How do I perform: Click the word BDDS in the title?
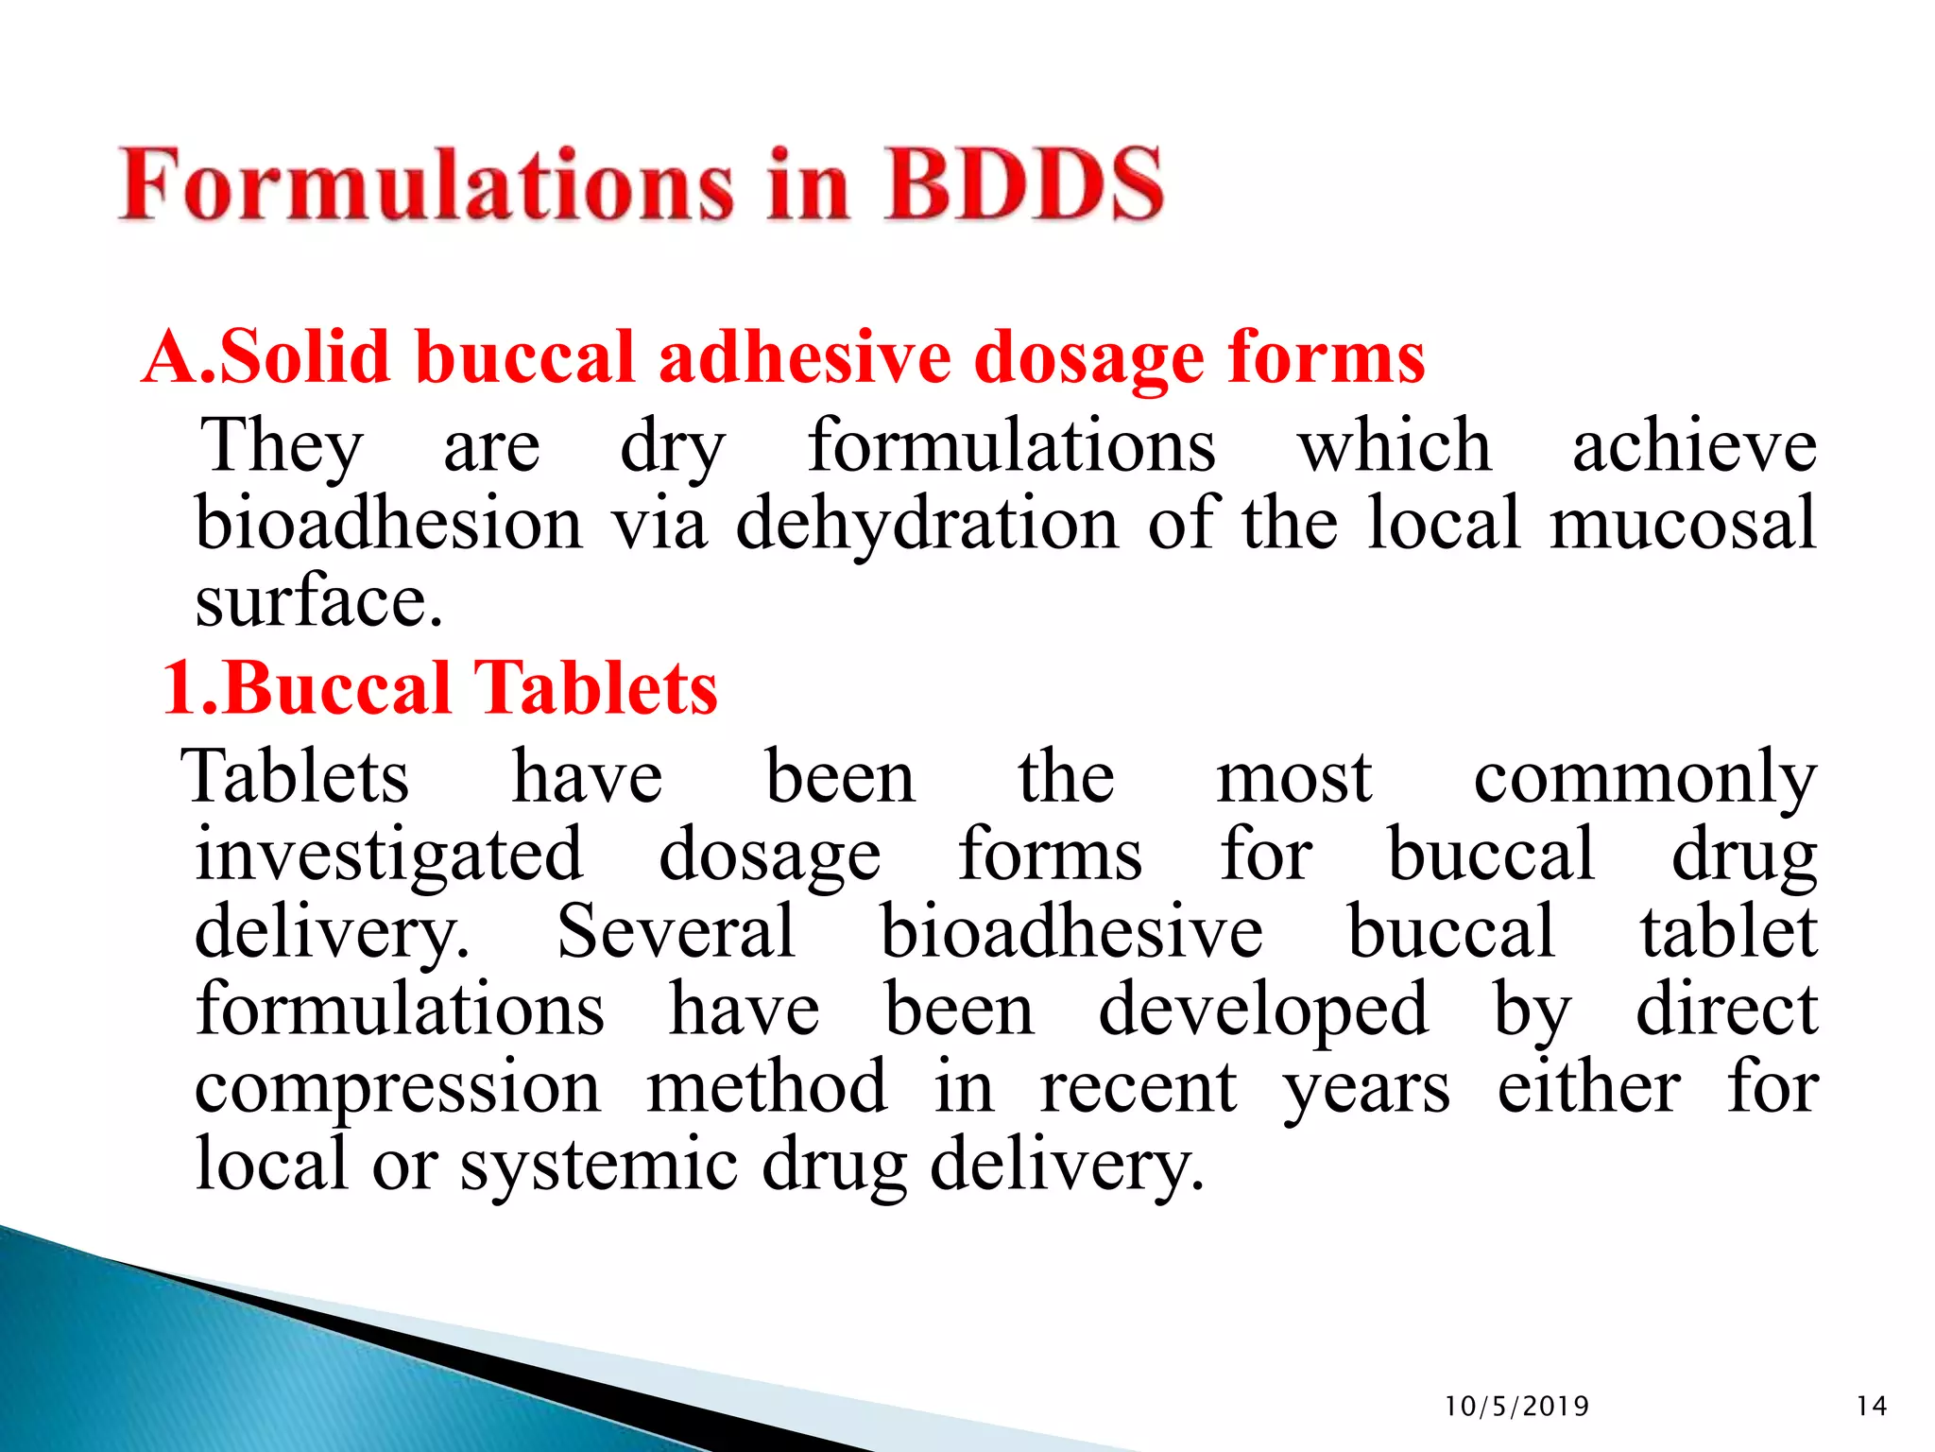(x=1024, y=184)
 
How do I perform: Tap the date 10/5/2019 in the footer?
(x=1516, y=1407)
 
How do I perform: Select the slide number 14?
(x=1871, y=1407)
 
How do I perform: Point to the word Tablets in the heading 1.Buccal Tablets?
(x=595, y=687)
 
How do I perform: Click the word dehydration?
(x=927, y=526)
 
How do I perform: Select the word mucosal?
(x=1683, y=524)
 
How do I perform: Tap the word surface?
(x=318, y=602)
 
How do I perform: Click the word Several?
(x=676, y=932)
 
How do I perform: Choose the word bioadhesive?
(x=1071, y=932)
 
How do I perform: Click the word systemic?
(x=598, y=1166)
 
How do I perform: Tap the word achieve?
(x=1694, y=446)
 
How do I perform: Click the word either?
(x=1589, y=1087)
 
